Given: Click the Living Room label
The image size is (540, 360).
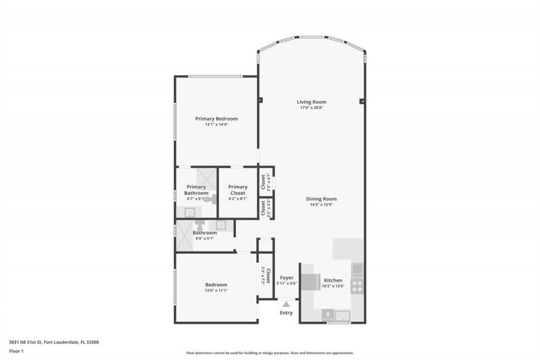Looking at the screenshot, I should point(311,102).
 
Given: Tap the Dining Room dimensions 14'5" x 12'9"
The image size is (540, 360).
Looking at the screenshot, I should point(321,205).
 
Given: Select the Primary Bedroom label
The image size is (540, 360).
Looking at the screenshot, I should point(216,119).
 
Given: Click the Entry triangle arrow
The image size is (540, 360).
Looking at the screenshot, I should point(286,304).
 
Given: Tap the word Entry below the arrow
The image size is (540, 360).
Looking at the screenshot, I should point(286,313).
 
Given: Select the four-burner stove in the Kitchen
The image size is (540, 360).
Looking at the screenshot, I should point(357,286).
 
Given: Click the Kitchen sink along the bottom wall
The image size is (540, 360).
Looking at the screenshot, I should point(343,316).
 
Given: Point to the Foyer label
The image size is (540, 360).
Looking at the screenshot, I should point(286,278).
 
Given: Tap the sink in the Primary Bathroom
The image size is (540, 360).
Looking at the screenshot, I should point(189,212).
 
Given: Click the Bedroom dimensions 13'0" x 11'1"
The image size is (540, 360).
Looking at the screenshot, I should point(216,290).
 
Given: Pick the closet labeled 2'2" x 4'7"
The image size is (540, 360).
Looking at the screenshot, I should point(265,182).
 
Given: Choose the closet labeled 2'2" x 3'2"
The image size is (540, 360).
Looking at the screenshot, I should point(265,209).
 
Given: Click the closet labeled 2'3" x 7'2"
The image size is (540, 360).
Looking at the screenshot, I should point(265,276).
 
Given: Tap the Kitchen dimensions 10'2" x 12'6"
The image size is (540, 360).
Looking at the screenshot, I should point(333,286).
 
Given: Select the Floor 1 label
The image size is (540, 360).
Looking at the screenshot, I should point(16,351).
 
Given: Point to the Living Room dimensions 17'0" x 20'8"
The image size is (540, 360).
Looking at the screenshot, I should point(311,108).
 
